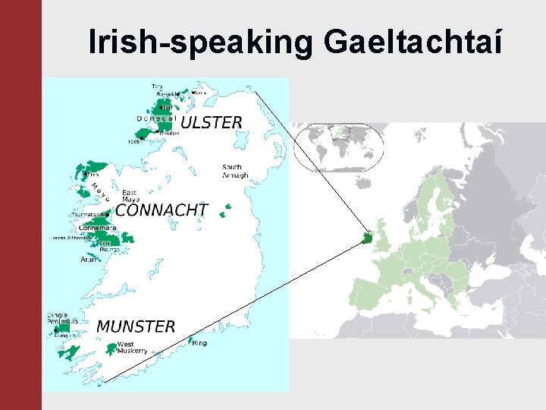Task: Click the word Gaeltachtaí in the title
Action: (413, 43)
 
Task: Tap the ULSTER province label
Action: (212, 122)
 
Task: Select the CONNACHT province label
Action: (162, 210)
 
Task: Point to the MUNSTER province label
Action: (136, 326)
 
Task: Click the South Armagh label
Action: (235, 171)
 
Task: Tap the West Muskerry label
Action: (132, 348)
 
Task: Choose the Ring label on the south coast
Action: (199, 343)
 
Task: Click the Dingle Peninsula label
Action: (57, 319)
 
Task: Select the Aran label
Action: (89, 259)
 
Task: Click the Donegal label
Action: (156, 118)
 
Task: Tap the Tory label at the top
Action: (157, 86)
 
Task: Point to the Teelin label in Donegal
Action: (134, 141)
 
